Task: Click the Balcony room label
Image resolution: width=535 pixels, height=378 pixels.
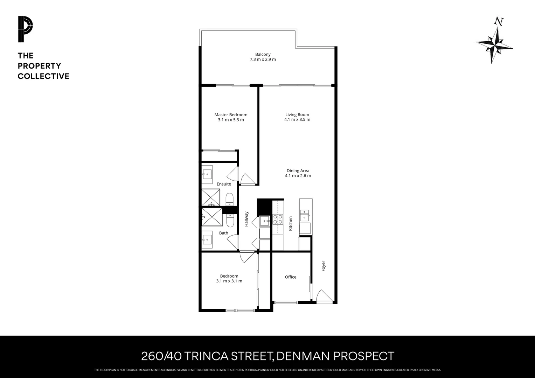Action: click(x=263, y=54)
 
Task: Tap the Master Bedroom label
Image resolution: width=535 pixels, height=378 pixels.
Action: click(x=231, y=114)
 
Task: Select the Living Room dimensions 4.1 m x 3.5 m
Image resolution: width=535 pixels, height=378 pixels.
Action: click(x=297, y=119)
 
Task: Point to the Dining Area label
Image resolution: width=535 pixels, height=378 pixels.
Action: click(x=298, y=170)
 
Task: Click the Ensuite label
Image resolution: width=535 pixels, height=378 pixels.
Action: click(x=224, y=184)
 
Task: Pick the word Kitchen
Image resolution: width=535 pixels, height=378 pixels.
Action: click(x=290, y=223)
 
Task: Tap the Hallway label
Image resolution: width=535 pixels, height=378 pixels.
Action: click(x=246, y=219)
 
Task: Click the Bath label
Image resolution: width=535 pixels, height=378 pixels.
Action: click(x=223, y=233)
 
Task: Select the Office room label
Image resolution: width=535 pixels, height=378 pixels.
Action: click(x=290, y=277)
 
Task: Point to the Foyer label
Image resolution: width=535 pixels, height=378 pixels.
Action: click(x=324, y=266)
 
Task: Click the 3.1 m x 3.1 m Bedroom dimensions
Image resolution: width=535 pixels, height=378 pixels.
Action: click(x=229, y=281)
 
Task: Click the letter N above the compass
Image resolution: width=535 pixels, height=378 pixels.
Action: click(x=499, y=22)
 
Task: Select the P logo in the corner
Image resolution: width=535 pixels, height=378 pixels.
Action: click(x=25, y=29)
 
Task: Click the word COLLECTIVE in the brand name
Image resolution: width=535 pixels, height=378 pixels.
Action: click(x=43, y=76)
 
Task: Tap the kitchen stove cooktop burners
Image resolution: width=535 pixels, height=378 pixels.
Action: click(x=278, y=219)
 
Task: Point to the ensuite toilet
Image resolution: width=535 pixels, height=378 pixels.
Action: click(x=229, y=199)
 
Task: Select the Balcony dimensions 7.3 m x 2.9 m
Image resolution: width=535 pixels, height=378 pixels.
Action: click(x=263, y=59)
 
